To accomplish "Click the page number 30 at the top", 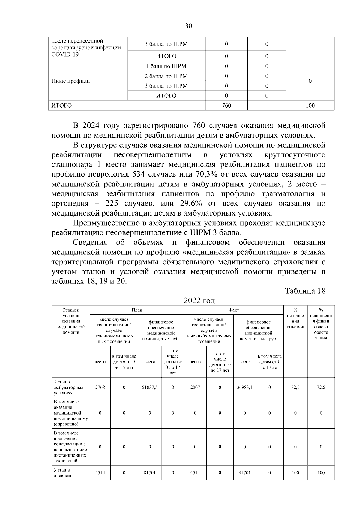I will (188, 26).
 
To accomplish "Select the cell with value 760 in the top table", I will (226, 106).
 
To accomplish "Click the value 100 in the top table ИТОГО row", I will (310, 106).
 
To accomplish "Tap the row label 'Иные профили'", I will (71, 81).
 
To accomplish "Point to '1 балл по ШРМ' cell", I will (166, 66).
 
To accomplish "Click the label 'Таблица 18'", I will (305, 291).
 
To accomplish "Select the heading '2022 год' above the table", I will (199, 301).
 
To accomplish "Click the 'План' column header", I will (137, 310).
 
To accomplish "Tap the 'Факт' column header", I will (234, 310).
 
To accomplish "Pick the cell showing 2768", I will (100, 387).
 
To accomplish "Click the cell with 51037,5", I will (150, 387).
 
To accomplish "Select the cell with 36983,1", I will (244, 387).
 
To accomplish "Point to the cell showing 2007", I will (195, 387).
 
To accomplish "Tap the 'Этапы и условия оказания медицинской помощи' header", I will (71, 321).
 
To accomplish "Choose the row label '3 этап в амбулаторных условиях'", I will (69, 387).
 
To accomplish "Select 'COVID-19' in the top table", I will (65, 55).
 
